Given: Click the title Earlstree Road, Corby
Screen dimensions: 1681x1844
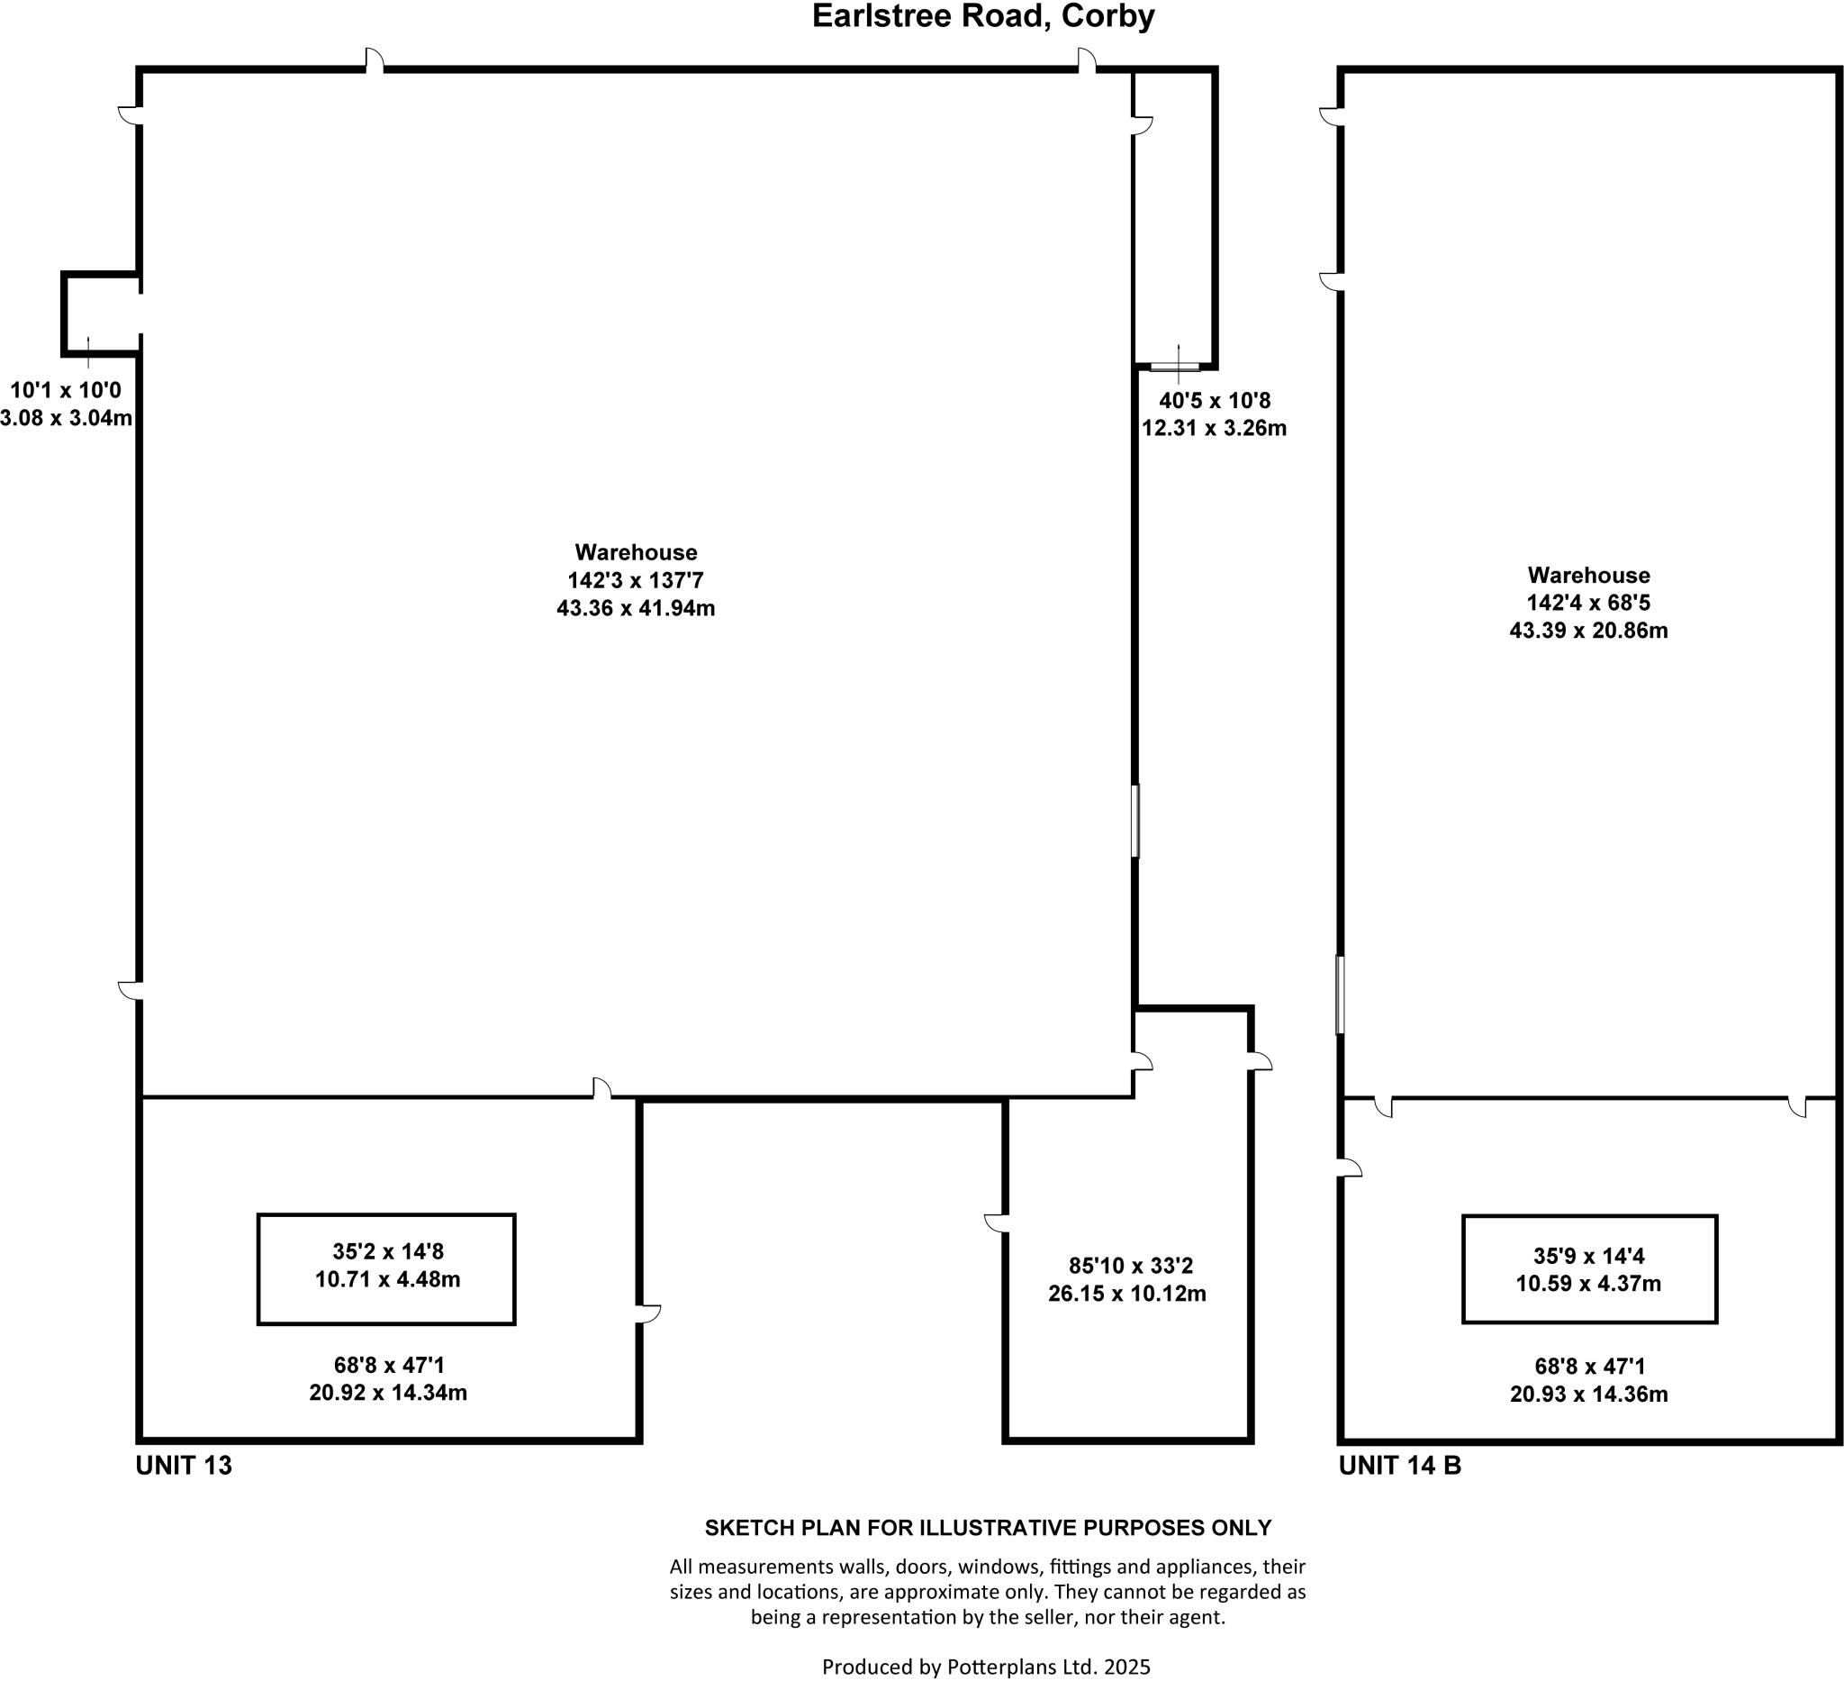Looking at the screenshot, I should [x=983, y=17].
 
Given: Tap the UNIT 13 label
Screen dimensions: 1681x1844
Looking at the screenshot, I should [x=184, y=1465].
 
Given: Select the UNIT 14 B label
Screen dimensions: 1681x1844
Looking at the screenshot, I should [x=1399, y=1465].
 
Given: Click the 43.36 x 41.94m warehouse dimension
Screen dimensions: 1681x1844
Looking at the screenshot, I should [x=636, y=607].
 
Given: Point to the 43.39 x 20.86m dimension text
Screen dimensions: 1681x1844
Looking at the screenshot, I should [x=1588, y=631].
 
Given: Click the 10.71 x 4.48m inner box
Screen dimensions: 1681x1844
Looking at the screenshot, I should [x=386, y=1268].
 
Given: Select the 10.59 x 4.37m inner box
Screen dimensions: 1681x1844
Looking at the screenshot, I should [x=1589, y=1269].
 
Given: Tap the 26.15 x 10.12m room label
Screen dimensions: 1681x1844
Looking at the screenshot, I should [x=1127, y=1294].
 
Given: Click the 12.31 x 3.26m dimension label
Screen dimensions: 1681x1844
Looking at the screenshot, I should [x=1214, y=427].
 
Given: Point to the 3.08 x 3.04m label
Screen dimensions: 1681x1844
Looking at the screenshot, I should [x=66, y=418].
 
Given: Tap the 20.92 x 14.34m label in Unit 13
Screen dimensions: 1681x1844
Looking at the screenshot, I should [x=388, y=1393].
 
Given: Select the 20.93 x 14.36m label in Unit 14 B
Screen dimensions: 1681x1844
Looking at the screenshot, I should [x=1589, y=1394].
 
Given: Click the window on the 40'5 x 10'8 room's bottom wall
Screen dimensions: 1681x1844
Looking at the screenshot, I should [x=1174, y=367].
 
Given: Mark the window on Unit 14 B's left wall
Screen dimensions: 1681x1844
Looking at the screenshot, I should [x=1340, y=995].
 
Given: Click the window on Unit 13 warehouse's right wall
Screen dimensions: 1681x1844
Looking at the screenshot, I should [x=1135, y=820].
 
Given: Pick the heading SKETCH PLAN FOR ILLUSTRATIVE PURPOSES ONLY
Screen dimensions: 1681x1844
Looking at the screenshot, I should [x=988, y=1527].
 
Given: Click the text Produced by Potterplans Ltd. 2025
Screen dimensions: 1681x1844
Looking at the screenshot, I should [x=986, y=1667].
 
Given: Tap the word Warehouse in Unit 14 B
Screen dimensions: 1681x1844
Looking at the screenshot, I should [x=1589, y=576].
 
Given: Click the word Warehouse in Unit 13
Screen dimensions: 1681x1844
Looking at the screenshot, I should [x=636, y=553].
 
